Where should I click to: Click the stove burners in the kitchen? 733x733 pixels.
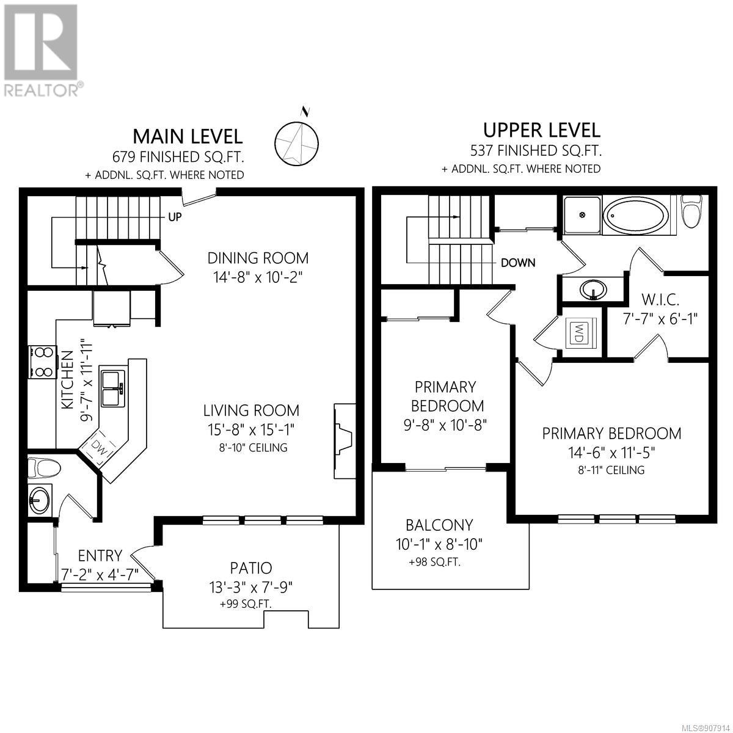[x=43, y=362]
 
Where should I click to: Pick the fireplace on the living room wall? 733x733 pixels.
[x=343, y=441]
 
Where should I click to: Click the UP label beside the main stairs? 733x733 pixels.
[x=175, y=217]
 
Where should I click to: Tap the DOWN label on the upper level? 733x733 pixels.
[x=518, y=263]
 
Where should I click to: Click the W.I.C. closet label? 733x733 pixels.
[x=661, y=300]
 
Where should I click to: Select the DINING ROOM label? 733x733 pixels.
[x=258, y=258]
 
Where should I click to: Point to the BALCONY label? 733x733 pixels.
[x=439, y=525]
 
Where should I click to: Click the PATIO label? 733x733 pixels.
[x=251, y=568]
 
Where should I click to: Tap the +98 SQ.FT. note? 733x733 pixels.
[x=435, y=562]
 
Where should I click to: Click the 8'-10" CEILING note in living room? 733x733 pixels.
[x=252, y=448]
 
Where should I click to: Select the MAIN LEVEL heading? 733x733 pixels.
[x=188, y=137]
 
